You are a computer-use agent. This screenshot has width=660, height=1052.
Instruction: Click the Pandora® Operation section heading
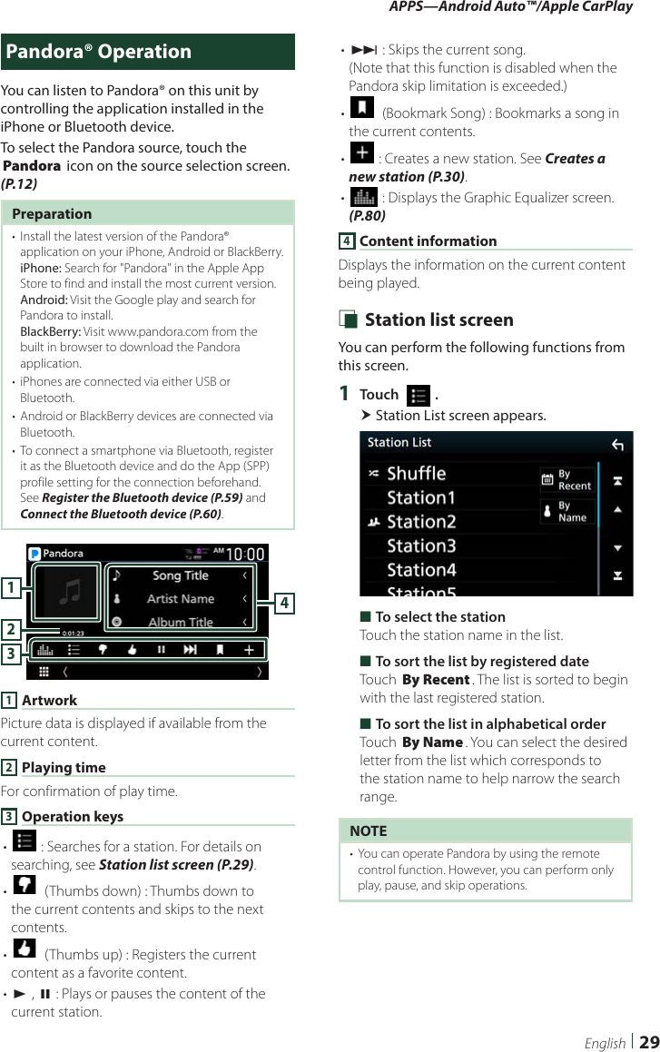[99, 52]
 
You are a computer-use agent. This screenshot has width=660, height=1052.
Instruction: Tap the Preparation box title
[52, 214]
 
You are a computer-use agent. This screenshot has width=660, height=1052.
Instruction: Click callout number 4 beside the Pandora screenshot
[284, 602]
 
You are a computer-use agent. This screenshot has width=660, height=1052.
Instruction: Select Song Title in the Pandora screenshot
[180, 575]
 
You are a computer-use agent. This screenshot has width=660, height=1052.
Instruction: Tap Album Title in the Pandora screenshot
[180, 623]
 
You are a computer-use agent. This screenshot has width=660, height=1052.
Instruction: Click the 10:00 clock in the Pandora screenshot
[245, 554]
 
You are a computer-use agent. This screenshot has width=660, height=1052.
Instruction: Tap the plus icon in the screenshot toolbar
[249, 649]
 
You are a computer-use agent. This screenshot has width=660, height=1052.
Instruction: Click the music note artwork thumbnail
[69, 592]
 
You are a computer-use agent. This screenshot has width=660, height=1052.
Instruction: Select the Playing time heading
[64, 768]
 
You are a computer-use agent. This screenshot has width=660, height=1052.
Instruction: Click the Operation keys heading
[72, 817]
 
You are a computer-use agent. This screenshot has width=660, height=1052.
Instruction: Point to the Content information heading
[428, 241]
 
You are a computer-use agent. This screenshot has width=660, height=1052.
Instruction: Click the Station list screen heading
[438, 320]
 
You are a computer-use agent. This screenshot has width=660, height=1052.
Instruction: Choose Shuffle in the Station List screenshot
[416, 474]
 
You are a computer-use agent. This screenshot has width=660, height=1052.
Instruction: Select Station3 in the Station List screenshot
[421, 546]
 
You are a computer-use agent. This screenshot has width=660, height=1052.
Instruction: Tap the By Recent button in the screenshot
[567, 480]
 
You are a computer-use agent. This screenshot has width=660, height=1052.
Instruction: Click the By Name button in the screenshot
[567, 512]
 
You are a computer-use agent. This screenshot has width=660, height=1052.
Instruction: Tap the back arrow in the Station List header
[617, 444]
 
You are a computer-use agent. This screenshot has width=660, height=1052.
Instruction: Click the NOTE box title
[368, 831]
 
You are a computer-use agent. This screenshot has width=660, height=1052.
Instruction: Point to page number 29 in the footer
[648, 1042]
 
